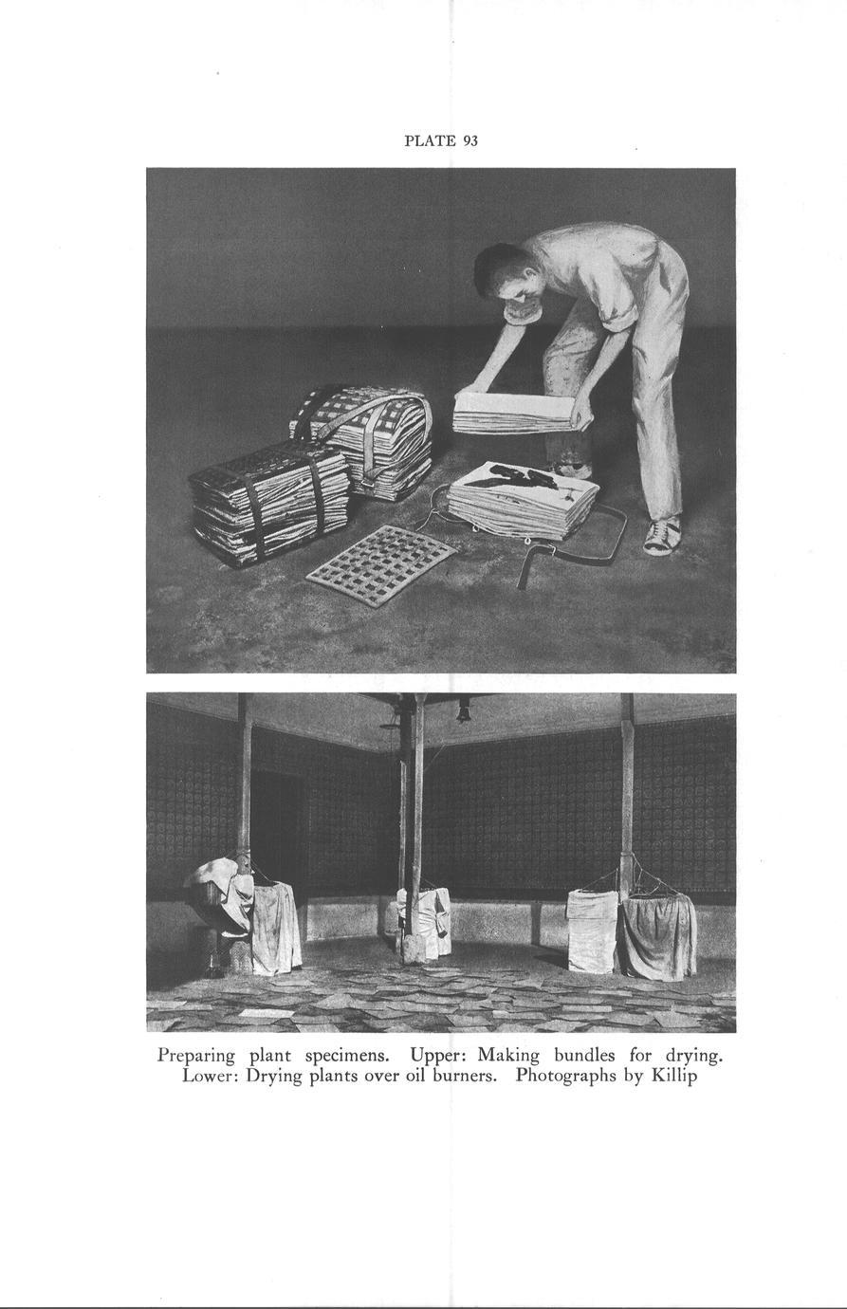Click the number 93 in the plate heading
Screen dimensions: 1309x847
470,141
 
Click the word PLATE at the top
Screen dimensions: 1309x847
430,141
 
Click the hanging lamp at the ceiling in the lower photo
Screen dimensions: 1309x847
463,712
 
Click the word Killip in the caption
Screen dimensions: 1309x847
674,1078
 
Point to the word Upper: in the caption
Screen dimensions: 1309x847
439,1055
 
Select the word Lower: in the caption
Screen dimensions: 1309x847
209,1078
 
